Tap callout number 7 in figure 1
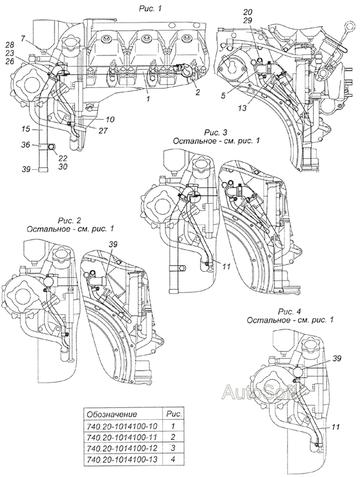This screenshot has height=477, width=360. tap(23, 38)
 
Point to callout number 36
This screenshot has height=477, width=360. tap(25, 145)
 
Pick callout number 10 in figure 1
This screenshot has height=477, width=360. tap(110, 119)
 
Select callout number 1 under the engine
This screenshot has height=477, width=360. tap(148, 99)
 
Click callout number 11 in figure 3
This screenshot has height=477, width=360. tap(226, 266)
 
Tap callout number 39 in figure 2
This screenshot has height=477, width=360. tap(113, 244)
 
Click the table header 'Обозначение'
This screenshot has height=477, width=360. tap(112, 414)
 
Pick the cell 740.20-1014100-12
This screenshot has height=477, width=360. tap(122, 448)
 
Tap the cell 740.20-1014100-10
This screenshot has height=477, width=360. tap(122, 426)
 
